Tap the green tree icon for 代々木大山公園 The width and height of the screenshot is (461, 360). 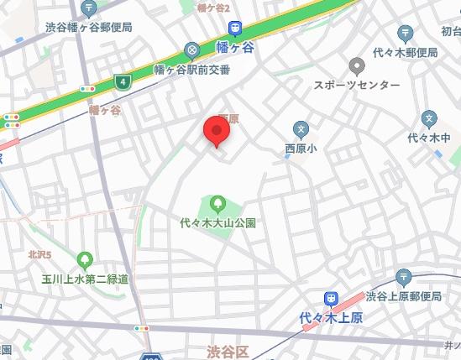[x=217, y=203]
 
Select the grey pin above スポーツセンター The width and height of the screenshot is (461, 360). [x=357, y=65]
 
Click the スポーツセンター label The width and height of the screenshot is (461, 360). [x=357, y=86]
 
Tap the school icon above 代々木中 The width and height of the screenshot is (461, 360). [x=430, y=117]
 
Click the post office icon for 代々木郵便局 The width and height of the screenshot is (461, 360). [x=406, y=33]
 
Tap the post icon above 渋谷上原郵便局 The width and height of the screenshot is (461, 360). [x=403, y=276]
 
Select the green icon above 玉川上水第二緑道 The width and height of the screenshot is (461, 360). [x=85, y=259]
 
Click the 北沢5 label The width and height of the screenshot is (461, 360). [x=39, y=254]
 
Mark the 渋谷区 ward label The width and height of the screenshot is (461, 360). [x=229, y=349]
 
